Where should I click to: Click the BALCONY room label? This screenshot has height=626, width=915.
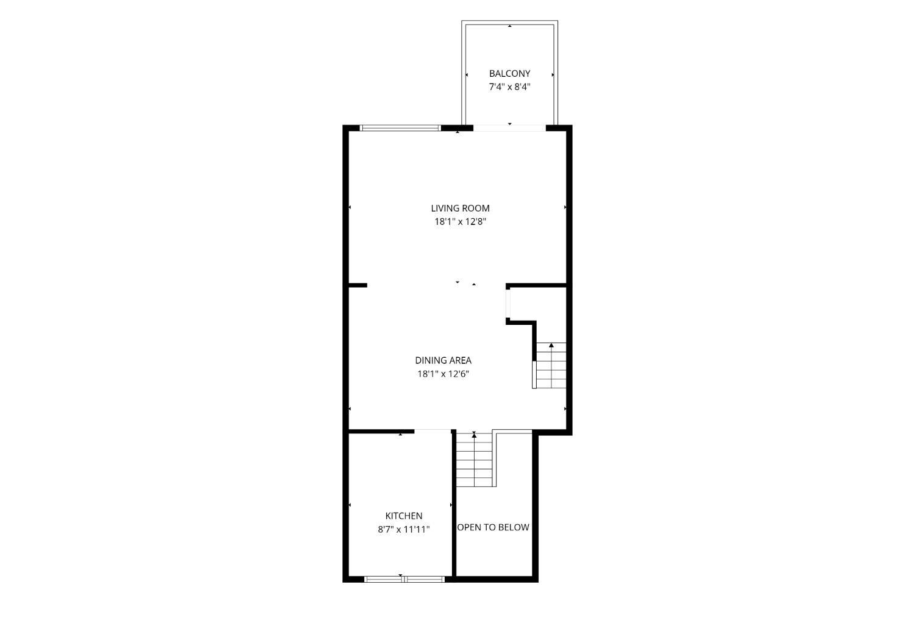tap(509, 74)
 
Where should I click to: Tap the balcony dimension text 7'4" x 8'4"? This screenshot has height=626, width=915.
tap(509, 87)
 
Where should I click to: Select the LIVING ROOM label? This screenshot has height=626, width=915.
tap(460, 208)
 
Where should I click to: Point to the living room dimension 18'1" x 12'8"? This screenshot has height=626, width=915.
tap(460, 222)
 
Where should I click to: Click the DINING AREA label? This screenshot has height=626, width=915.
tap(443, 360)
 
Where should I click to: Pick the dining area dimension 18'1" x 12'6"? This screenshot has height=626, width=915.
tap(443, 374)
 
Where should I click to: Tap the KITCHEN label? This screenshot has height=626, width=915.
tap(404, 516)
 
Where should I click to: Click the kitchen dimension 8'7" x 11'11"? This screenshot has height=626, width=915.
tap(404, 529)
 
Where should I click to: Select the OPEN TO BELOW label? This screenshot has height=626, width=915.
tap(493, 527)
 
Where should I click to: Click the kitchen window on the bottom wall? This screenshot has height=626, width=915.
tap(404, 578)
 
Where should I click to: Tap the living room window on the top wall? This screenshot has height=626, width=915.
tap(401, 128)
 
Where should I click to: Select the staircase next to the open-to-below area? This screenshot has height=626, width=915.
tap(474, 460)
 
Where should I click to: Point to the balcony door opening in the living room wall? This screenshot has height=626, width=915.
tap(509, 128)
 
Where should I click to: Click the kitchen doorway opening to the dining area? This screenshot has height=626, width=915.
tap(432, 431)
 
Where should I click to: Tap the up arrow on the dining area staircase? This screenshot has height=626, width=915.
tap(551, 345)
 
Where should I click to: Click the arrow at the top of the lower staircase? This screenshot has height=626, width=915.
tap(474, 435)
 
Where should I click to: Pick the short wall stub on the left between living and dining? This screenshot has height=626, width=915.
tap(358, 285)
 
